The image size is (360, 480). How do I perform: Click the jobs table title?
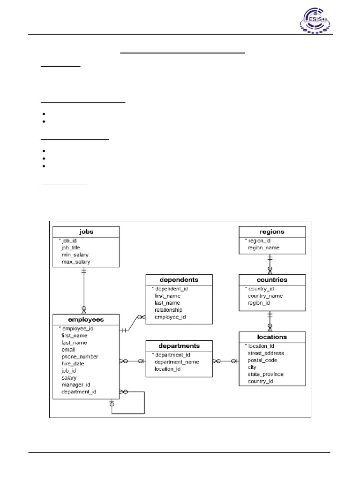pos(86,232)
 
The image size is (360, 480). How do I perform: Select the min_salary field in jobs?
pos(75,255)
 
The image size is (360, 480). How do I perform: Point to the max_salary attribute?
pos(76,262)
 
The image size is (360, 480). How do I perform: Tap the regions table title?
pos(272,232)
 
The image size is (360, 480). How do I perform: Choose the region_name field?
pos(264,247)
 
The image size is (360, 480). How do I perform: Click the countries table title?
pos(272,280)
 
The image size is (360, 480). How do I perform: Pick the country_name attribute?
pos(265,296)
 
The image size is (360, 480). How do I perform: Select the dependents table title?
pos(179,280)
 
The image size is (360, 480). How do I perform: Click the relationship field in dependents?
pos(168,310)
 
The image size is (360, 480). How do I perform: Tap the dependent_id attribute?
pos(172,289)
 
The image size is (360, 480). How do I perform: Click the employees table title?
pos(86,320)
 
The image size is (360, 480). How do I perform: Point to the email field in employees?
pos(68,349)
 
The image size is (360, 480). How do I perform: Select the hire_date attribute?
pos(73,363)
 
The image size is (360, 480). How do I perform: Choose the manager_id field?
pos(75,384)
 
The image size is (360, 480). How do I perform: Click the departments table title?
pos(179,346)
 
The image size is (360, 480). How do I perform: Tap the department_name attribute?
pos(176,362)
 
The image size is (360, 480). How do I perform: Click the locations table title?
pos(272,337)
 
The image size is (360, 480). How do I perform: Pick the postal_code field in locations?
pos(262,360)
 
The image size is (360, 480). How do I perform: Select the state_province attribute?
pos(266,374)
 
